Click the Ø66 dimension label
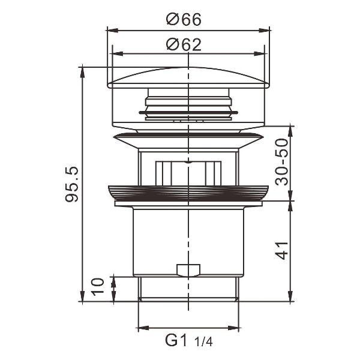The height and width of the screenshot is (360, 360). (x=184, y=19)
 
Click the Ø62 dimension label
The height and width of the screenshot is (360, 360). (x=184, y=44)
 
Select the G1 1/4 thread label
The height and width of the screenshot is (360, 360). (x=188, y=341)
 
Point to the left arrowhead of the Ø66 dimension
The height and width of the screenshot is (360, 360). (x=110, y=29)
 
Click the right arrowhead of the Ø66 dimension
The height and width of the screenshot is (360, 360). (x=266, y=29)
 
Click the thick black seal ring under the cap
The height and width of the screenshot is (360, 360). (x=188, y=112)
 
